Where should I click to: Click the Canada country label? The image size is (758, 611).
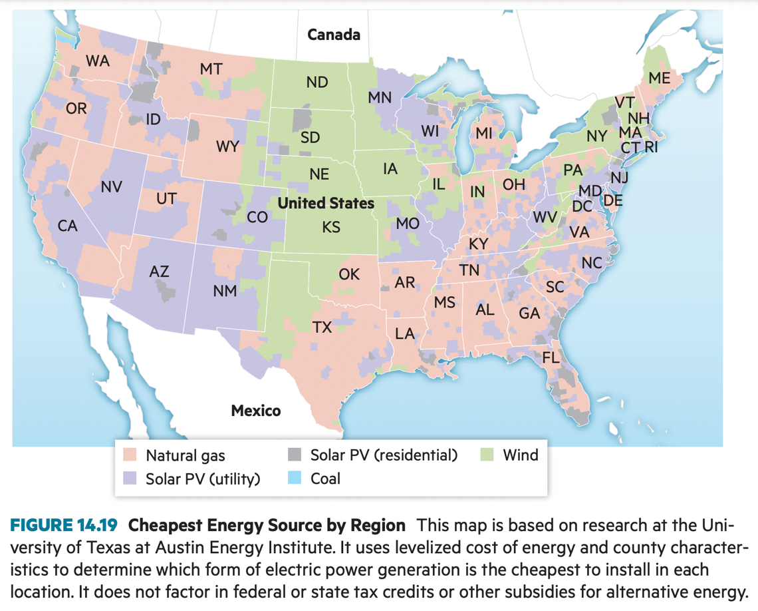[x=334, y=35]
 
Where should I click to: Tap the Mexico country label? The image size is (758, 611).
[x=255, y=411]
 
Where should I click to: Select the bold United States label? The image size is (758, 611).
[x=326, y=203]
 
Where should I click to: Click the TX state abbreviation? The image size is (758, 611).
[x=322, y=327]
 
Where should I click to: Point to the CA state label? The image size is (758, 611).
[x=67, y=226]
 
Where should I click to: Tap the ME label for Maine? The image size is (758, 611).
[x=659, y=79]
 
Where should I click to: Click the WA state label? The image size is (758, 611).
[x=97, y=61]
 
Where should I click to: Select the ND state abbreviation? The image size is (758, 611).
[x=317, y=83]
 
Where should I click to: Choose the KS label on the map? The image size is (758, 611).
[x=331, y=228]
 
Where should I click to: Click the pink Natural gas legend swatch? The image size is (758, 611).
[x=129, y=455]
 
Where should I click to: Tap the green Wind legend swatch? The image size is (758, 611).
[x=487, y=455]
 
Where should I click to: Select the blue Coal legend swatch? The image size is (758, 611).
[x=294, y=478]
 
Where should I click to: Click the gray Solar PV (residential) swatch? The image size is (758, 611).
[x=294, y=455]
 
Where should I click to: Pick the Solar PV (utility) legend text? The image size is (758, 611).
[x=203, y=479]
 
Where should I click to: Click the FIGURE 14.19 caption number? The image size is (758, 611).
[x=64, y=525]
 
